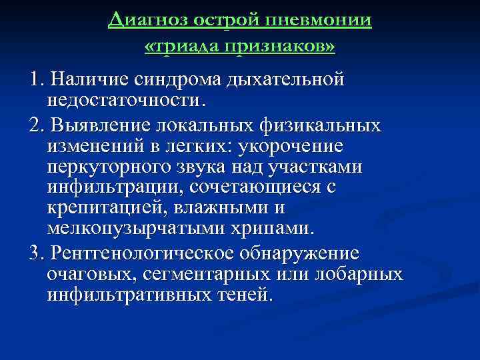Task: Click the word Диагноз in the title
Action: click(149, 21)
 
